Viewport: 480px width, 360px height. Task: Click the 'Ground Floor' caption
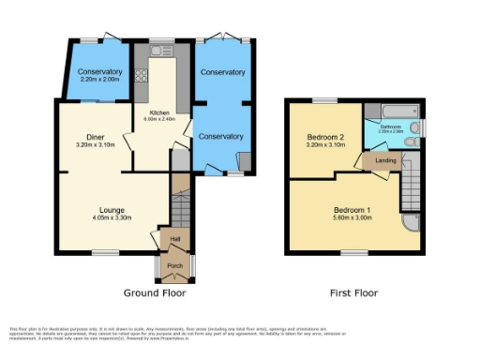pos(155,292)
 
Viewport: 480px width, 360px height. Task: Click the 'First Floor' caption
pos(353,292)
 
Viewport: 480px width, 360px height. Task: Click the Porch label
pos(174,266)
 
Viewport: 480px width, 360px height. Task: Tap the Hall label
pos(174,240)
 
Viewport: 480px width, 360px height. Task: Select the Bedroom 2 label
pos(325,138)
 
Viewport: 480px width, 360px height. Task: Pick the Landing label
pos(382,160)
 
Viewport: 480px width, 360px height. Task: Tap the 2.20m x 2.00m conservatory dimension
pos(99,81)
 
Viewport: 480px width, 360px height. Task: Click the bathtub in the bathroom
pos(393,111)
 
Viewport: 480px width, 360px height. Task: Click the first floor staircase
pos(410,183)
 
